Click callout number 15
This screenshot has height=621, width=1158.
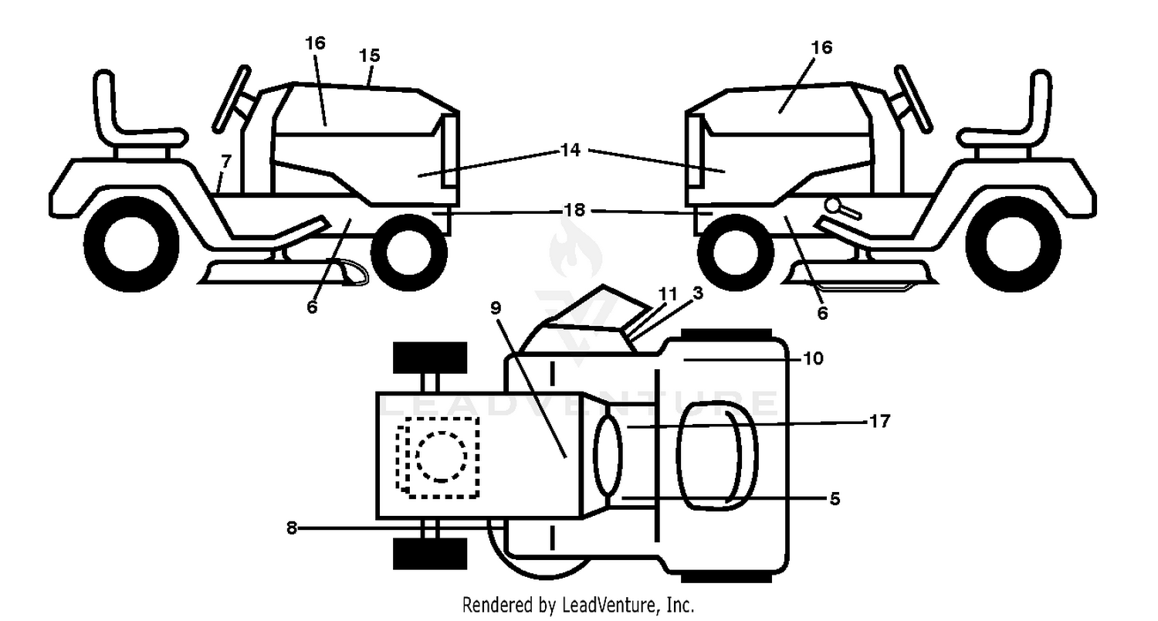(x=369, y=56)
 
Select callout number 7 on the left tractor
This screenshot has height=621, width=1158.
(x=225, y=161)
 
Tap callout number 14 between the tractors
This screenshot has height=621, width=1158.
(x=571, y=150)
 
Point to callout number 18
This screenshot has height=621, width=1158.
(x=574, y=210)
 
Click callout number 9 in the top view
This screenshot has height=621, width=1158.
(x=496, y=308)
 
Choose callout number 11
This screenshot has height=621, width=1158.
(x=668, y=294)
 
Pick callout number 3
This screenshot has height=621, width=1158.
(x=698, y=293)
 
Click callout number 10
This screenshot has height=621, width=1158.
(x=813, y=358)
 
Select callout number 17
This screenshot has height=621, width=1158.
(x=879, y=422)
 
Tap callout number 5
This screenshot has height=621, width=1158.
(x=835, y=498)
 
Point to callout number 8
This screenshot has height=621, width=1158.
(x=292, y=528)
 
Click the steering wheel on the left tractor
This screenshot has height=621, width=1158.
(x=232, y=98)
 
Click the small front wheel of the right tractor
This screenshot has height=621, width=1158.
(x=736, y=253)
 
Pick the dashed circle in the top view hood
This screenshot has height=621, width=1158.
(x=441, y=456)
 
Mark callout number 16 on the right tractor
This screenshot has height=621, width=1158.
(x=821, y=48)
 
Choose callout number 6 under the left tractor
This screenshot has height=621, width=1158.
(x=312, y=307)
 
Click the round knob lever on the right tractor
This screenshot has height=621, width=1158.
(x=843, y=208)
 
